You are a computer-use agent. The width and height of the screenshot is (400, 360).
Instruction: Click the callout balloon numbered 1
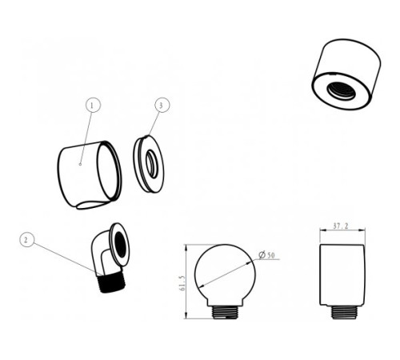[93, 105]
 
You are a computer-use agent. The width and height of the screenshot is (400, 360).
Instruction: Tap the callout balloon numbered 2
[27, 240]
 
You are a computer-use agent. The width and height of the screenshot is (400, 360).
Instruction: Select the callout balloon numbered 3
[162, 105]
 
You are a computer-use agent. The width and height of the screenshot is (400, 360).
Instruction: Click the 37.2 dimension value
[341, 226]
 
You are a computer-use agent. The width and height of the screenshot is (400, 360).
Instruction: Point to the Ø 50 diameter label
[266, 255]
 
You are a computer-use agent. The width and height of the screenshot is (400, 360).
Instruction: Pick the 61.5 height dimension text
[182, 283]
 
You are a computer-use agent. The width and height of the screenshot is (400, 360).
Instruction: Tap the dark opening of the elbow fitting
[120, 245]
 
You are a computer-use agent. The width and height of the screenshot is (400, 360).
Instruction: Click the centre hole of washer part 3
[152, 164]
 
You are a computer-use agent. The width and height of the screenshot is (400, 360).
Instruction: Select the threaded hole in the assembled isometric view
[342, 90]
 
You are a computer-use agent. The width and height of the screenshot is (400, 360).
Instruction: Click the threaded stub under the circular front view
[226, 312]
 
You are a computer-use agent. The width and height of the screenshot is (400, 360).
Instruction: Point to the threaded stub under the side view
[344, 312]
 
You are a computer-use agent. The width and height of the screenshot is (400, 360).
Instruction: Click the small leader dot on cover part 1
[80, 164]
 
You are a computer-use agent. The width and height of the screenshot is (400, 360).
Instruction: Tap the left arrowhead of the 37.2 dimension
[322, 230]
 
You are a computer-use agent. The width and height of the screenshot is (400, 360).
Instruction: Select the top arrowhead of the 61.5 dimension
[186, 247]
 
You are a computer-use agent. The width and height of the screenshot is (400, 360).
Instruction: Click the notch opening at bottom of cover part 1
[92, 205]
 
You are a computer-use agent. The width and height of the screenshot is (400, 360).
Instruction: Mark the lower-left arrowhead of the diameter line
[202, 286]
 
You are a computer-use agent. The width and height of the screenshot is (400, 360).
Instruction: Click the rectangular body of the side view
[342, 274]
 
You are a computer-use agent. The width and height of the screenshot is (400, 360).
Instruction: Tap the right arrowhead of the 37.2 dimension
[362, 230]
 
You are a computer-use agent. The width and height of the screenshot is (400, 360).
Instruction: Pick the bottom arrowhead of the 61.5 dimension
[186, 315]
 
